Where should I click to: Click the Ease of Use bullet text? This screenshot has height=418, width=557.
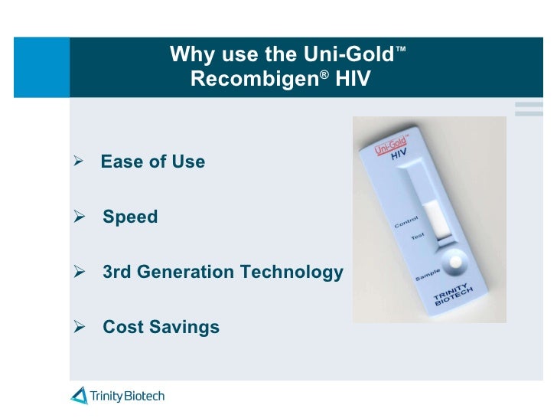[x=153, y=162]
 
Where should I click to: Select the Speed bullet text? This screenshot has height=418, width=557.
[x=130, y=217]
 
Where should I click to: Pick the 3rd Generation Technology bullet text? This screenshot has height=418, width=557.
[x=223, y=272]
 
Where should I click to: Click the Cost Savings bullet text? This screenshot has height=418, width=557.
[x=161, y=327]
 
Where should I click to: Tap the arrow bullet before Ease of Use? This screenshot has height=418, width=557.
[x=77, y=162]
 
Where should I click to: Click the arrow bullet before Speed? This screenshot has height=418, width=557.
[x=77, y=217]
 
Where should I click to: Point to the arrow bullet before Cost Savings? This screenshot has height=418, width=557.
[x=77, y=327]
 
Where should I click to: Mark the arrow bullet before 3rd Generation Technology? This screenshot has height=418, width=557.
[x=77, y=272]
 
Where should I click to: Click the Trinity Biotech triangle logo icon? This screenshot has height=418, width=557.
[x=80, y=396]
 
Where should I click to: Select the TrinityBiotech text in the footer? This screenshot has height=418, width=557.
[x=127, y=396]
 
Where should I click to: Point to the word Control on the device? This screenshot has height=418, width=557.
[x=406, y=223]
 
